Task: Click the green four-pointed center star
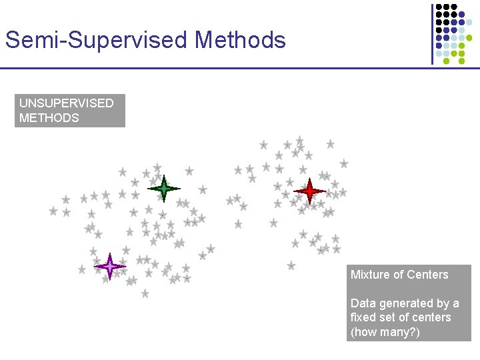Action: point(163,189)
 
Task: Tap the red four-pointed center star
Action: point(309,191)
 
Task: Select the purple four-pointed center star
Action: point(110,267)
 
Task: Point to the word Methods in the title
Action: point(241,41)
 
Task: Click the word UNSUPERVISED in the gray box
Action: point(67,103)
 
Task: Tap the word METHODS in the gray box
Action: point(49,118)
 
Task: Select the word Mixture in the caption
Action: point(371,275)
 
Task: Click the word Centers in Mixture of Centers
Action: point(427,275)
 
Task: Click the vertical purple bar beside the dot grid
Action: point(431,33)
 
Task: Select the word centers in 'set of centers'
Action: point(433,317)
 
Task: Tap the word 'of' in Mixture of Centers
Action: point(398,275)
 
